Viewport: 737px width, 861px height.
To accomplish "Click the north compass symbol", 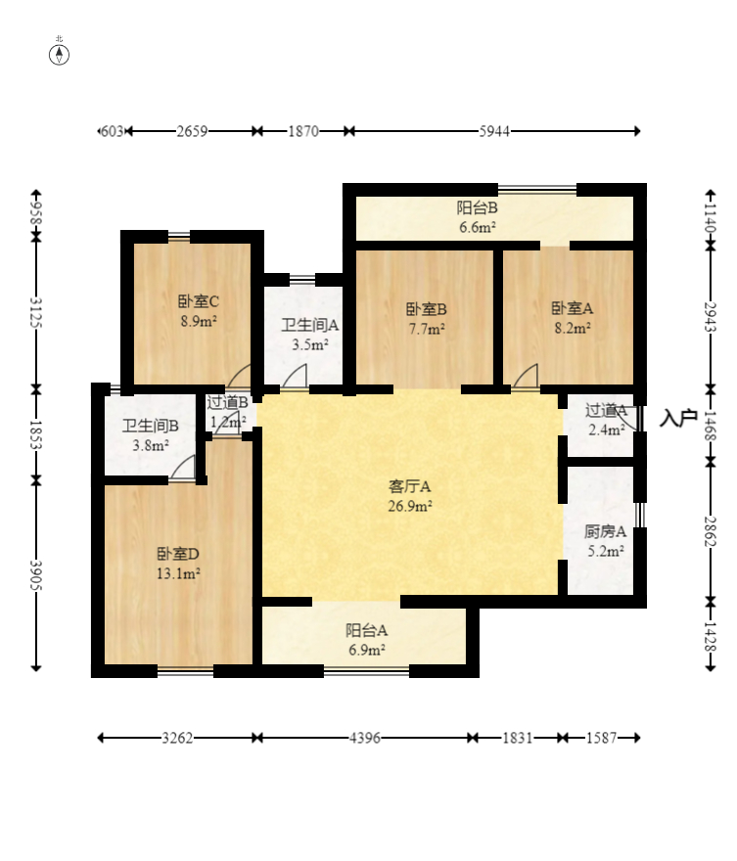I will click(60, 53).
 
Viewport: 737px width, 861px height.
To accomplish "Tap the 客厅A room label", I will click(410, 485).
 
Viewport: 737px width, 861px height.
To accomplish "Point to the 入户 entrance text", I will click(677, 418).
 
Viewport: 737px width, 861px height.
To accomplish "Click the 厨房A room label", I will click(605, 532).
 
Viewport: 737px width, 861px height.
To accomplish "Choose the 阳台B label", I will click(478, 207).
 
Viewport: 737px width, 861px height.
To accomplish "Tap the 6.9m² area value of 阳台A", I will click(366, 649).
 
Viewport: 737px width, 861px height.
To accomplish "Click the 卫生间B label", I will click(150, 426).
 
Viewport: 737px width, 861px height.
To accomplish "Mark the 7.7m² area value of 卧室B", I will click(426, 329).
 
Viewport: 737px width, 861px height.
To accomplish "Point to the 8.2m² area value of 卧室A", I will click(571, 329).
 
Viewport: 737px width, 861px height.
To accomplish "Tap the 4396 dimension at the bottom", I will click(364, 739).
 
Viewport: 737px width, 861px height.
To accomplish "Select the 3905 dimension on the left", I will click(36, 575).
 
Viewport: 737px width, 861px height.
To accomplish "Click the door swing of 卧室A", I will click(527, 377).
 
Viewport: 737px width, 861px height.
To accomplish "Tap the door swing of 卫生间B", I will click(183, 470).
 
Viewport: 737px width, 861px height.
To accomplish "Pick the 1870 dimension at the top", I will click(303, 131).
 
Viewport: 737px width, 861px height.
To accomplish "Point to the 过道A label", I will click(606, 410).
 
